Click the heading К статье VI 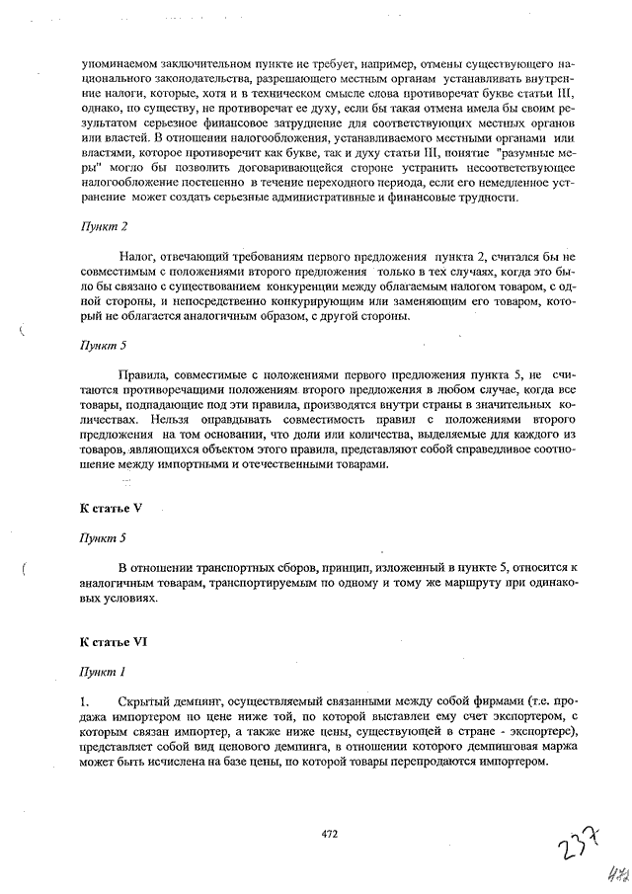tap(114, 642)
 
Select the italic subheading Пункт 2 tap(104, 227)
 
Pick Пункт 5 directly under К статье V tap(104, 538)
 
